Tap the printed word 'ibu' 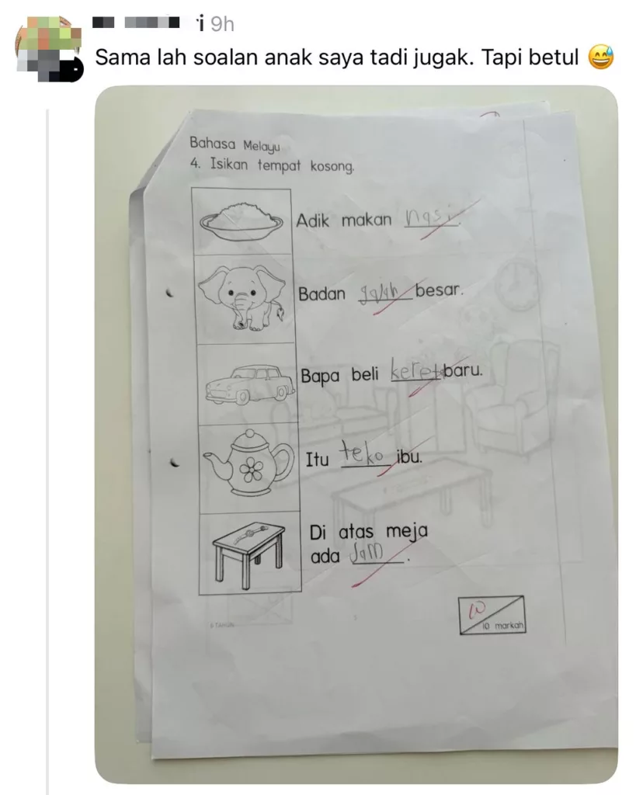[408, 457]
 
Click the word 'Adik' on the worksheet [313, 220]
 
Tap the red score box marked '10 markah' [491, 615]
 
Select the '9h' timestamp [221, 24]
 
